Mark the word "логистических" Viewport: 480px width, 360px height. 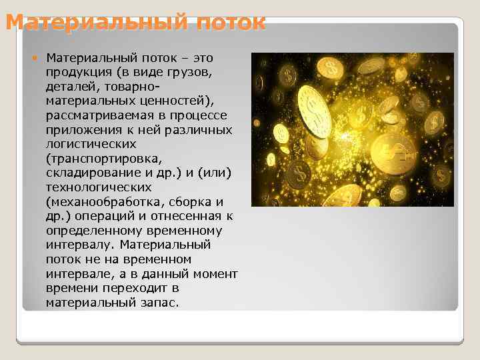(91, 143)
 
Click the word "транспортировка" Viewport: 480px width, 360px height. (104, 158)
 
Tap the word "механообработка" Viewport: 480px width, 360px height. (103, 201)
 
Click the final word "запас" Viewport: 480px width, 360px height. (159, 302)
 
